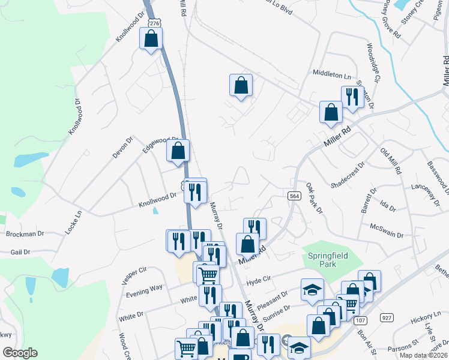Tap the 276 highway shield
tap(155, 23)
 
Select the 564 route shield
tap(294, 196)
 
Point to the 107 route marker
tap(360, 321)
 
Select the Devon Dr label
tap(121, 147)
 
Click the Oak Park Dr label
tap(314, 199)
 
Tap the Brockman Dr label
tap(22, 233)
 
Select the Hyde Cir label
tap(259, 280)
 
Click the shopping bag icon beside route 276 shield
tap(151, 40)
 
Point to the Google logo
tap(20, 353)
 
